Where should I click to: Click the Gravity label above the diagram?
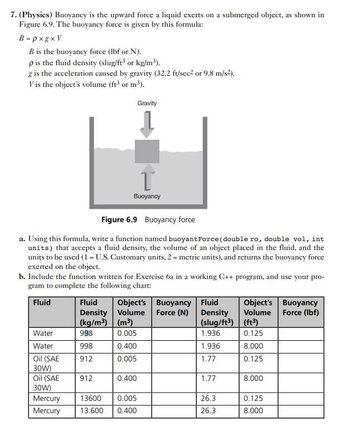pos(147,103)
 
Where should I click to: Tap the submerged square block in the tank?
pos(147,151)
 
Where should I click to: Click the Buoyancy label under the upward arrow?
pos(147,196)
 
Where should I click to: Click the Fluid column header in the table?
pos(42,302)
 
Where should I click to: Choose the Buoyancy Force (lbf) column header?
pos(300,307)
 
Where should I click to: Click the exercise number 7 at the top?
pos(14,15)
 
